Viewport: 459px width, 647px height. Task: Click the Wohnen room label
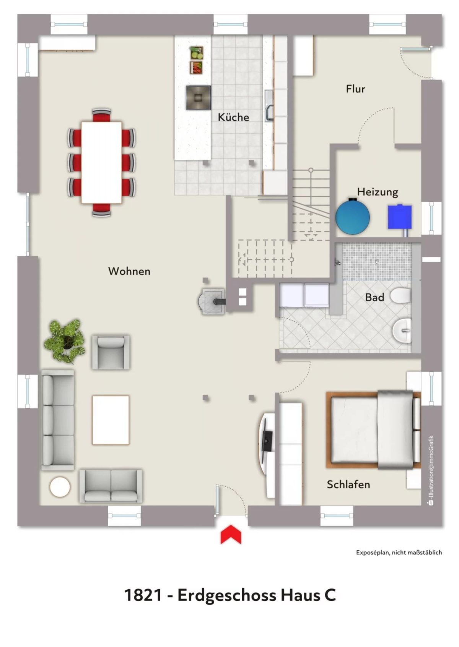tap(129, 271)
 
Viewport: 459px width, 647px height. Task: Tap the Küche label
tap(233, 117)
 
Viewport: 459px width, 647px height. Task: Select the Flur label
tap(355, 89)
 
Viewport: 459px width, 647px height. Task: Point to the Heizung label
tap(378, 192)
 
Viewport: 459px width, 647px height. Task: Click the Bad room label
tap(374, 297)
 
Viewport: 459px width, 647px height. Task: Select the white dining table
tap(101, 163)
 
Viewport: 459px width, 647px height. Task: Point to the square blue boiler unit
tap(400, 217)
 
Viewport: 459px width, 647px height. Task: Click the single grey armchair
tap(111, 352)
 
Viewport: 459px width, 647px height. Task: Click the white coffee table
tap(111, 420)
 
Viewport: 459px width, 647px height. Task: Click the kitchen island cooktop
tap(198, 97)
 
